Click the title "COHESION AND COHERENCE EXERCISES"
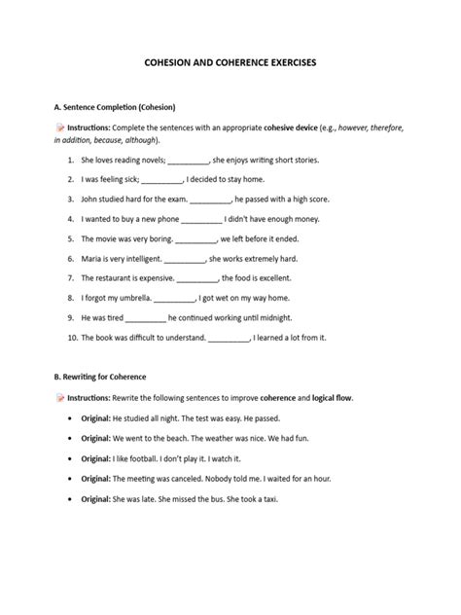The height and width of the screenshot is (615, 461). pyautogui.click(x=230, y=60)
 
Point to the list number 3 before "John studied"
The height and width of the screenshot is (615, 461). pyautogui.click(x=71, y=199)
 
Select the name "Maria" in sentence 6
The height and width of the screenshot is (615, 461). pyautogui.click(x=92, y=260)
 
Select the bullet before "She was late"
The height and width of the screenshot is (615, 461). pyautogui.click(x=71, y=499)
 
